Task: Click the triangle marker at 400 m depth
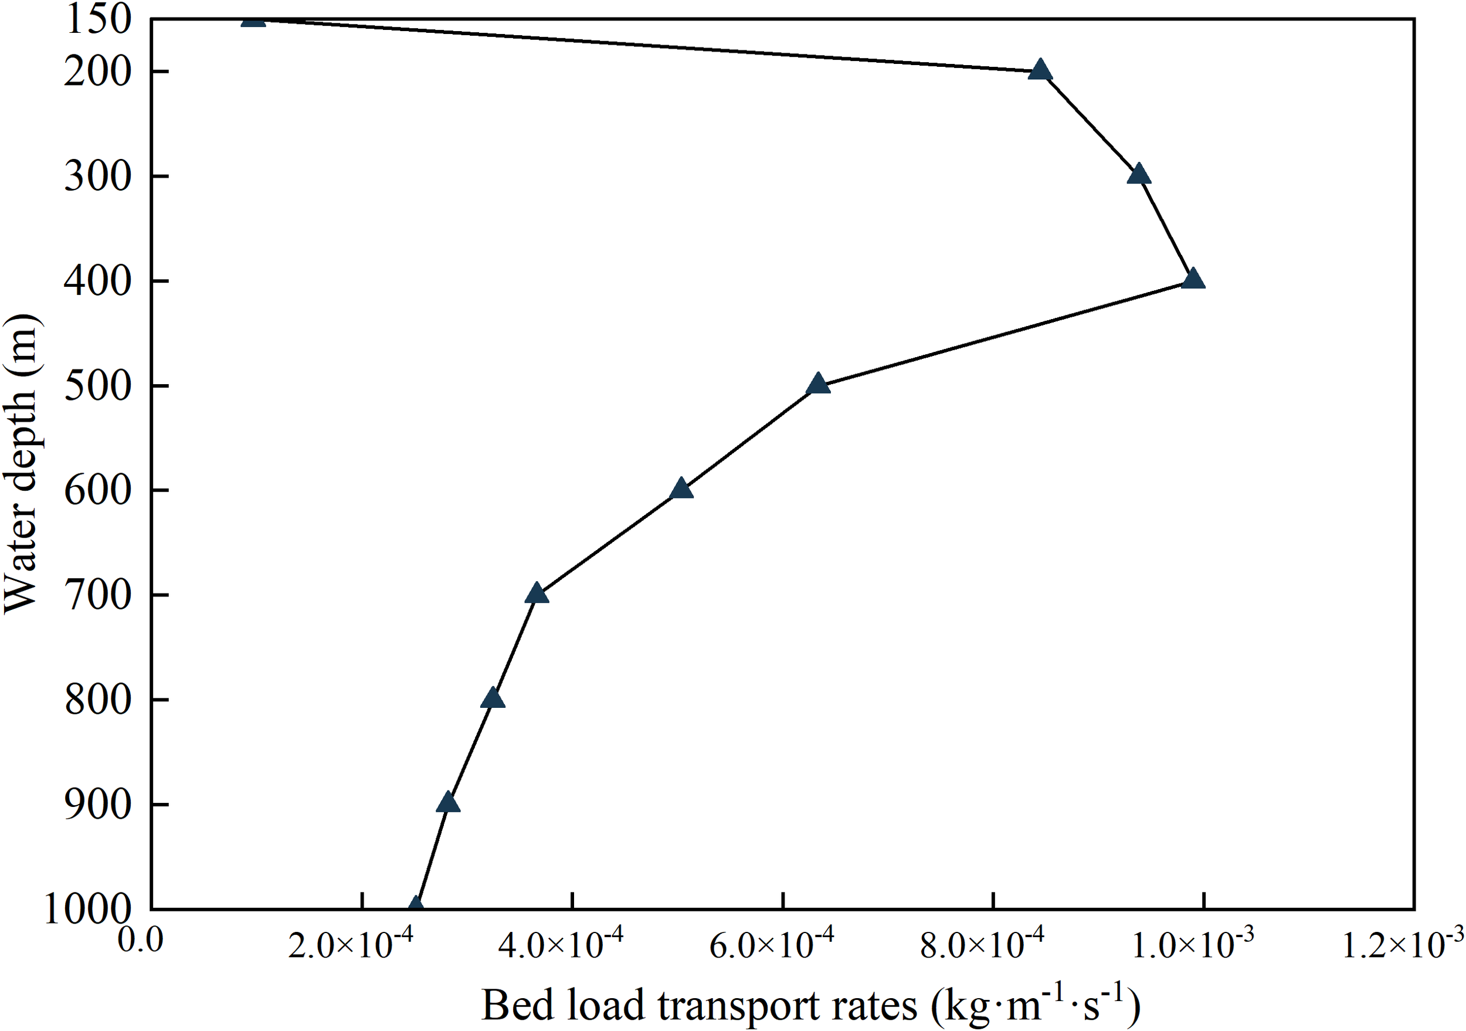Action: [1193, 280]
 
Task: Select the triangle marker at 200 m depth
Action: [1040, 70]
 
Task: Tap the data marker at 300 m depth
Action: [1138, 175]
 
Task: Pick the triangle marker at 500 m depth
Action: [818, 384]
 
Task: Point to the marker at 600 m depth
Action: [681, 489]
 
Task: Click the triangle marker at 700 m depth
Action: [537, 593]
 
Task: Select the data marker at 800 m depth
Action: [493, 698]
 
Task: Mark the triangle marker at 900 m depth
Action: [448, 803]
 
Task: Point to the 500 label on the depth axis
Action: [97, 385]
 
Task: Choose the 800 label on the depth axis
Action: [97, 700]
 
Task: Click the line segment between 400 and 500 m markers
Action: [1006, 332]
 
